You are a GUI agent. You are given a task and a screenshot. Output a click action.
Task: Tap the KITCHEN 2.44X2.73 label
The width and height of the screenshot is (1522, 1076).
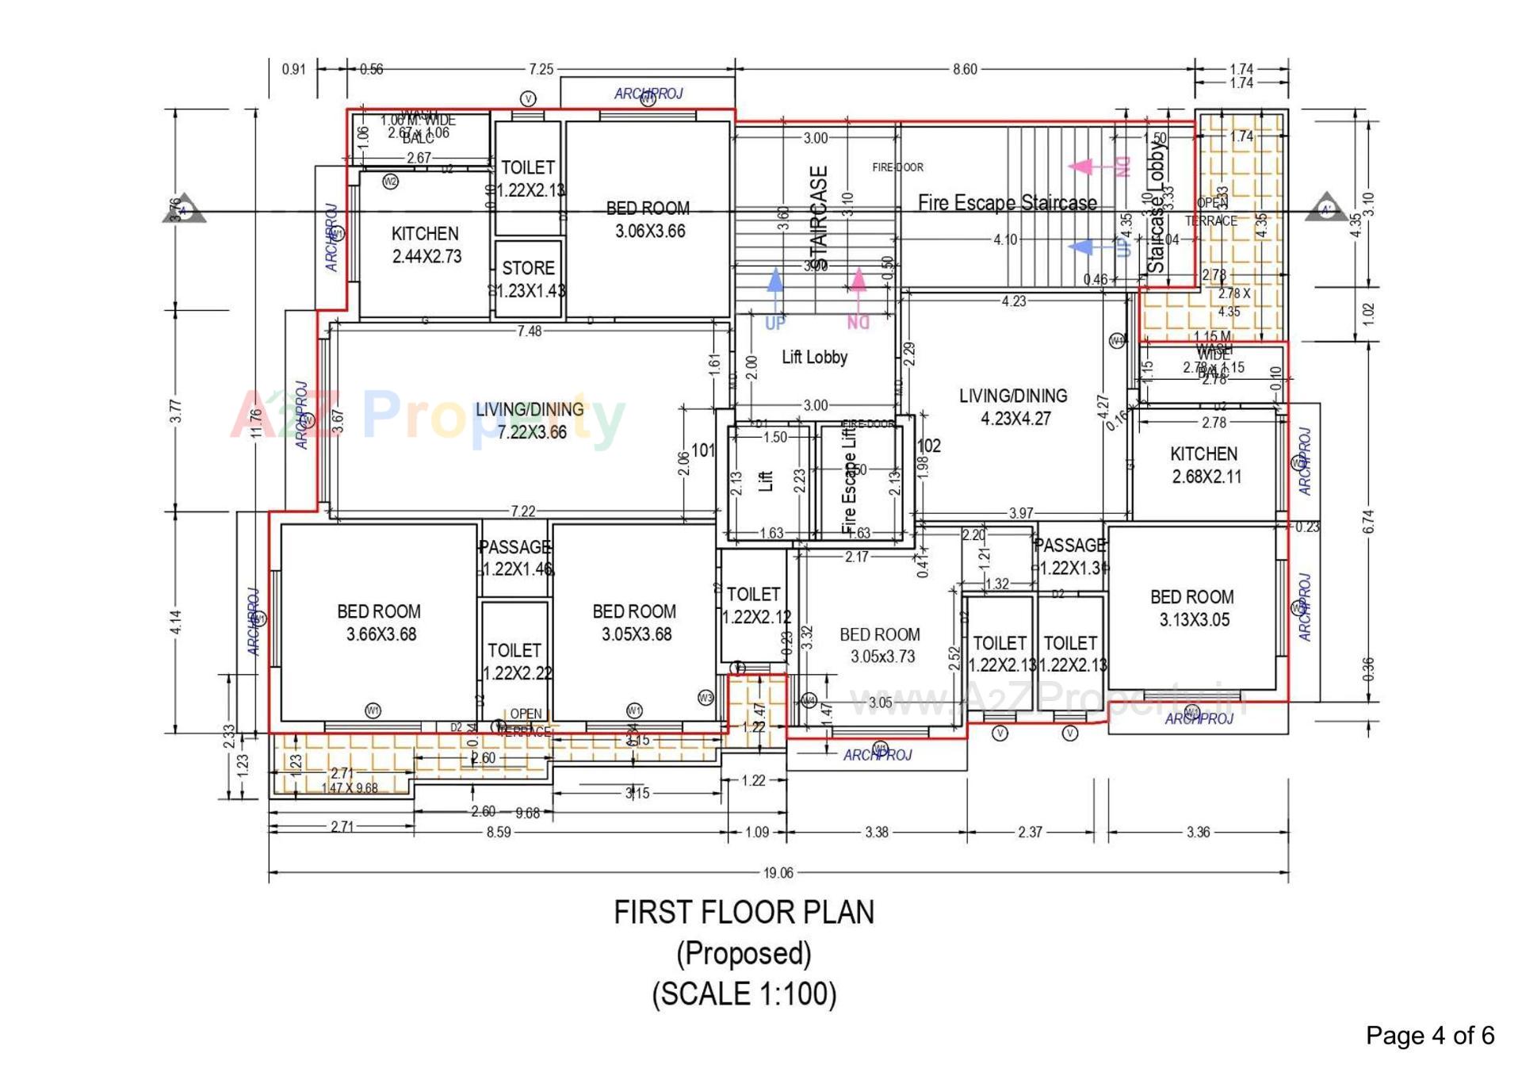tap(426, 245)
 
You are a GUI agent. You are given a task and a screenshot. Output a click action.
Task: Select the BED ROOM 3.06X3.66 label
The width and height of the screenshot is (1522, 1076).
tap(648, 220)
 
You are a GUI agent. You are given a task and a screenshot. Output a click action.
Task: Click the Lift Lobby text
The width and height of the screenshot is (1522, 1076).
tap(814, 357)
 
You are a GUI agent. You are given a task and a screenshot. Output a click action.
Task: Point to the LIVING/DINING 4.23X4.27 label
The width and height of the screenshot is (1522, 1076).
tap(1014, 407)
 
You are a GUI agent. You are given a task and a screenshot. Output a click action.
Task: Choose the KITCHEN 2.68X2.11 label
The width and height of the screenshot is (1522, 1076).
tap(1205, 465)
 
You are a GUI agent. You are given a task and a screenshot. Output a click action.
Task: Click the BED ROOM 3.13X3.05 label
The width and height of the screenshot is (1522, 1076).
tap(1193, 608)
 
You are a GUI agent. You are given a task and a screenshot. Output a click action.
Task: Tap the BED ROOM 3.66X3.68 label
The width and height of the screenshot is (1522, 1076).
tap(380, 622)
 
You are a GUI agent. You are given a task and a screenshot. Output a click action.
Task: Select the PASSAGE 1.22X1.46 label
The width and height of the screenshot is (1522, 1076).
tap(515, 557)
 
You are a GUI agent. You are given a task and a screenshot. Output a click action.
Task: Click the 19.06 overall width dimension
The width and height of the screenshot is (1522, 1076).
tap(778, 872)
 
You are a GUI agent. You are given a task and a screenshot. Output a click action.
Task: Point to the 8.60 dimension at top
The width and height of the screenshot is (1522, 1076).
tap(965, 69)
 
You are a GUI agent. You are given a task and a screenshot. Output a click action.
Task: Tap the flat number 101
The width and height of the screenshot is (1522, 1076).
tap(702, 450)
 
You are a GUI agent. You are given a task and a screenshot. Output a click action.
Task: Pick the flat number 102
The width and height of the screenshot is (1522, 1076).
tap(928, 446)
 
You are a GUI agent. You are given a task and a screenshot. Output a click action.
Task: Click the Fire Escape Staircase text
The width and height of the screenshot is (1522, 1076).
tap(1007, 203)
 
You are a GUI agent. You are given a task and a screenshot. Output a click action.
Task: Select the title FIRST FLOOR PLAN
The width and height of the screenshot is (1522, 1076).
tap(744, 912)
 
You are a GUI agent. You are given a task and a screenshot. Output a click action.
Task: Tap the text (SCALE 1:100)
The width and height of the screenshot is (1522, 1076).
tap(744, 994)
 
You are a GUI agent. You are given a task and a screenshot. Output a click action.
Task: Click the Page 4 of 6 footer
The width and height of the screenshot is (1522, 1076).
tap(1429, 1035)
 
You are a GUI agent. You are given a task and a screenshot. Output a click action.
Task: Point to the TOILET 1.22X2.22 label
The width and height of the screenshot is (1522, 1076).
tap(516, 661)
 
